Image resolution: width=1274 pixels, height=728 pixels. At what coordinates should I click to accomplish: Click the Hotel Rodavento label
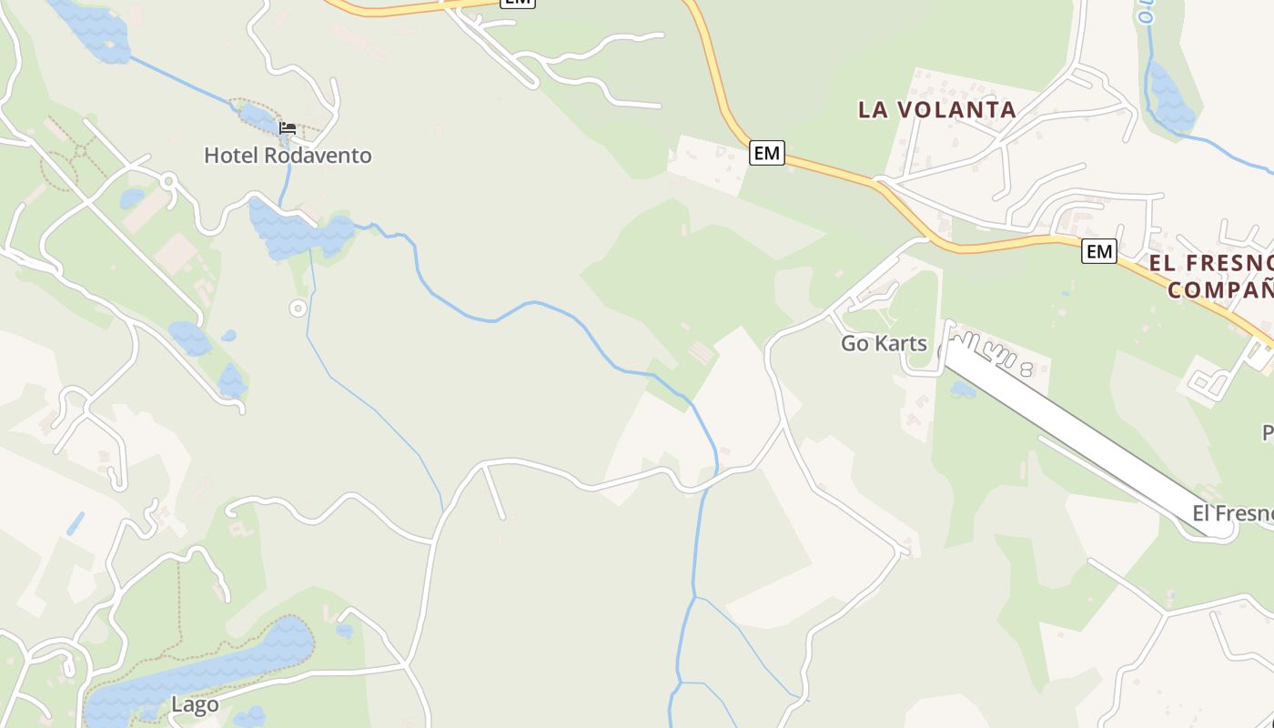coord(288,156)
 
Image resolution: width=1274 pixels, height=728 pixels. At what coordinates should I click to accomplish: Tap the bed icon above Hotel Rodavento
coord(288,128)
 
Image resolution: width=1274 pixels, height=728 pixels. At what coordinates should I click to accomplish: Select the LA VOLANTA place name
coord(937,110)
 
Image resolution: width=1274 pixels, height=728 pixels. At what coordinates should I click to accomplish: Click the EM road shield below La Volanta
coord(767,154)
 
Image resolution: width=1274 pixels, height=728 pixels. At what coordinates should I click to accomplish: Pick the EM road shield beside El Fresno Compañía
coord(1099,251)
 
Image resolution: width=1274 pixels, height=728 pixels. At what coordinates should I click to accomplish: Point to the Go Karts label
coord(883,344)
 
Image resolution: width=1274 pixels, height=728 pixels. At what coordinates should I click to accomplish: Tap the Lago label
coord(195,705)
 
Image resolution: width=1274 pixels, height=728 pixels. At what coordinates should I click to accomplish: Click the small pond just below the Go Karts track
coord(963,389)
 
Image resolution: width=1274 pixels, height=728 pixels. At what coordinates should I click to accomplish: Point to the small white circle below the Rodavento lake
coord(298,308)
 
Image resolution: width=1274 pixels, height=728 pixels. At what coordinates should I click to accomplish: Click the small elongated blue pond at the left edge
coord(75,523)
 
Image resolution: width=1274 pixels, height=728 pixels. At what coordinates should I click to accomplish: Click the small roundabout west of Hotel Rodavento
coord(168,181)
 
